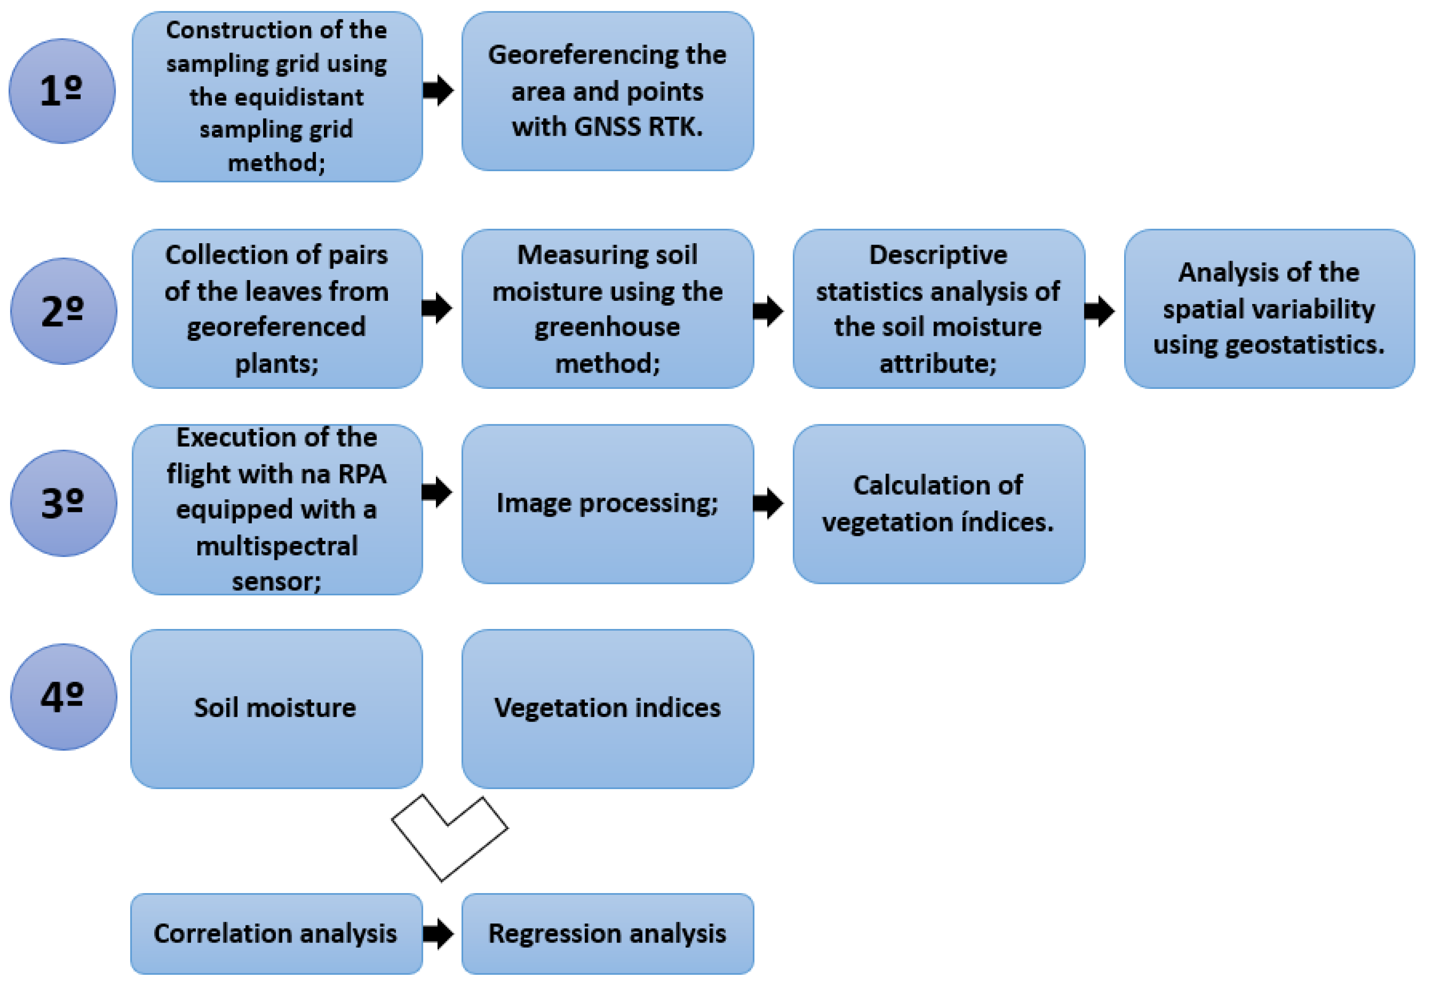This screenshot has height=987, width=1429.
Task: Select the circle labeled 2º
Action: (x=63, y=311)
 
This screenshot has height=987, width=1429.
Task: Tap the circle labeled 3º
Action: (x=63, y=503)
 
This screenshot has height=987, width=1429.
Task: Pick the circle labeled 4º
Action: (x=63, y=697)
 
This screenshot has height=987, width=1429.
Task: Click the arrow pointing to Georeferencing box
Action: (x=438, y=90)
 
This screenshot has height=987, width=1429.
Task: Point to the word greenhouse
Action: (x=607, y=327)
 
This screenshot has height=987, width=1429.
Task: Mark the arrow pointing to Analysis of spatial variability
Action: (x=1100, y=310)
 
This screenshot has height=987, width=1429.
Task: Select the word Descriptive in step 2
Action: (x=938, y=255)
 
